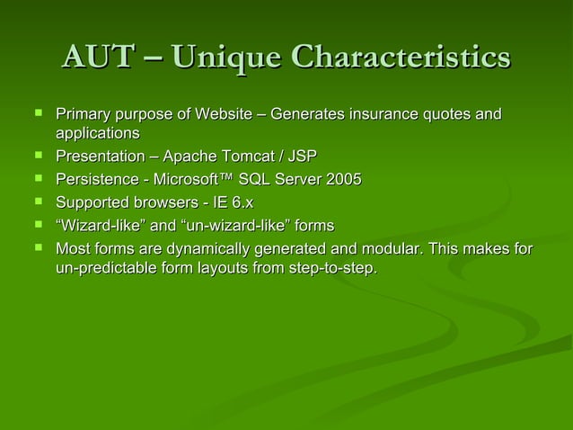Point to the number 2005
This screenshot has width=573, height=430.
[344, 181]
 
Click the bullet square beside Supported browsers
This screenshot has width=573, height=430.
[37, 202]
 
